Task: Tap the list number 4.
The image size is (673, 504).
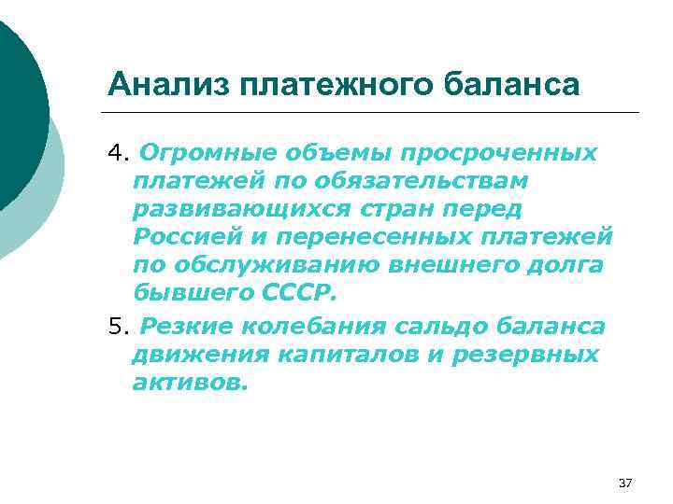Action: tap(116, 152)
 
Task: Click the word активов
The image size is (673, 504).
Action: tap(191, 382)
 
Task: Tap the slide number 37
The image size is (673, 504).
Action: tap(625, 483)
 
